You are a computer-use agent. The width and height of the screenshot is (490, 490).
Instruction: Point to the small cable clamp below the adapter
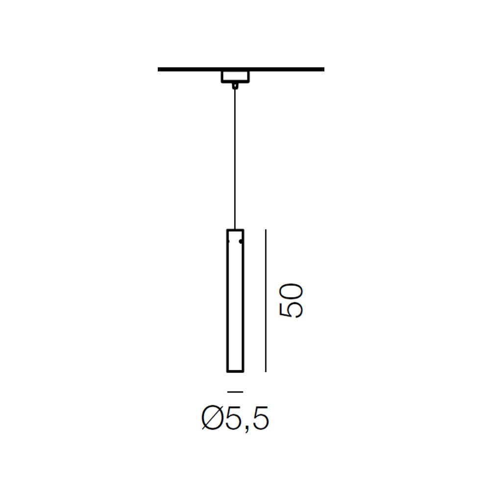(x=235, y=86)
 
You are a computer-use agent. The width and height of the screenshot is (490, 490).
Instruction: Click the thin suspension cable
(x=235, y=159)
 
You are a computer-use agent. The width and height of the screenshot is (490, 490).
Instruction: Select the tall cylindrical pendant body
(x=235, y=301)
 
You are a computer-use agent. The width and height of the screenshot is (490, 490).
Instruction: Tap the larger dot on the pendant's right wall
(x=241, y=241)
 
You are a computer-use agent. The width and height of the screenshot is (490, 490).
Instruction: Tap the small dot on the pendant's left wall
(x=229, y=241)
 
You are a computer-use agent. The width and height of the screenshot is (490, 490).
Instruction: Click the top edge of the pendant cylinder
(x=235, y=230)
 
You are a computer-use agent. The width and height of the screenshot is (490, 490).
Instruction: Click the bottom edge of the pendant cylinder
(x=235, y=371)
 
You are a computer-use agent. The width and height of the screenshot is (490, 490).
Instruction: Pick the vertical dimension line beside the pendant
(x=266, y=301)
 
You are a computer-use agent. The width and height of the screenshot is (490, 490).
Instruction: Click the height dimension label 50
(x=291, y=301)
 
